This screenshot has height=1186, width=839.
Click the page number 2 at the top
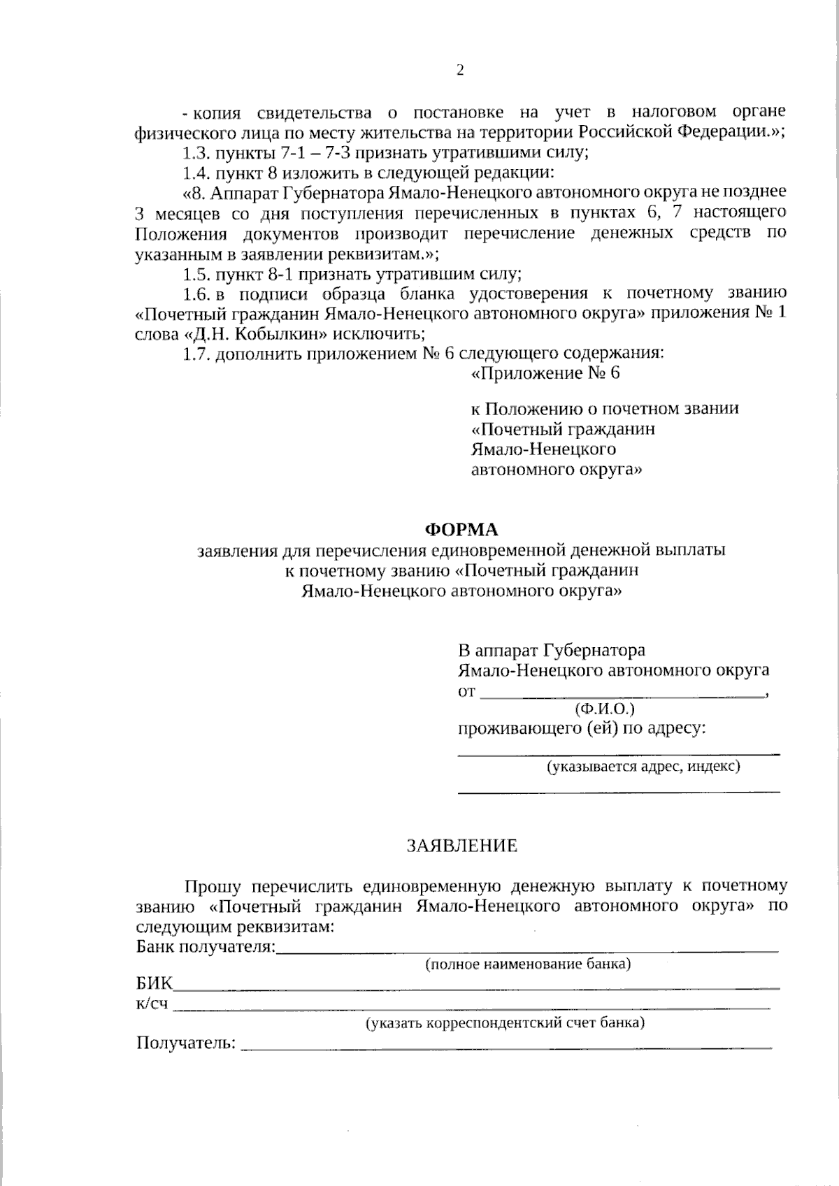(459, 70)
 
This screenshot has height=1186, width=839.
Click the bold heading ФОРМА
(461, 529)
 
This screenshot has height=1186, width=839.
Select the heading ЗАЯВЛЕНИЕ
(462, 846)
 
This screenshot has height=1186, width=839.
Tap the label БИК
(153, 985)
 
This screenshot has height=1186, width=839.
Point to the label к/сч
(152, 1004)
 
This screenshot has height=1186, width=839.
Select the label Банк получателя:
(206, 948)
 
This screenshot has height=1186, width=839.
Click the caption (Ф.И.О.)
(604, 709)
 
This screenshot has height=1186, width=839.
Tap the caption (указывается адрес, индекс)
(643, 767)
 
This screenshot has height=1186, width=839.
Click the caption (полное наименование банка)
(528, 965)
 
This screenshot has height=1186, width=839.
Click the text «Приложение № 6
(545, 373)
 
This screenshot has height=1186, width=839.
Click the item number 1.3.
(196, 152)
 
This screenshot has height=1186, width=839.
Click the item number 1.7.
(196, 354)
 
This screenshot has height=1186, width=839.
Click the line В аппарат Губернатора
(552, 651)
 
